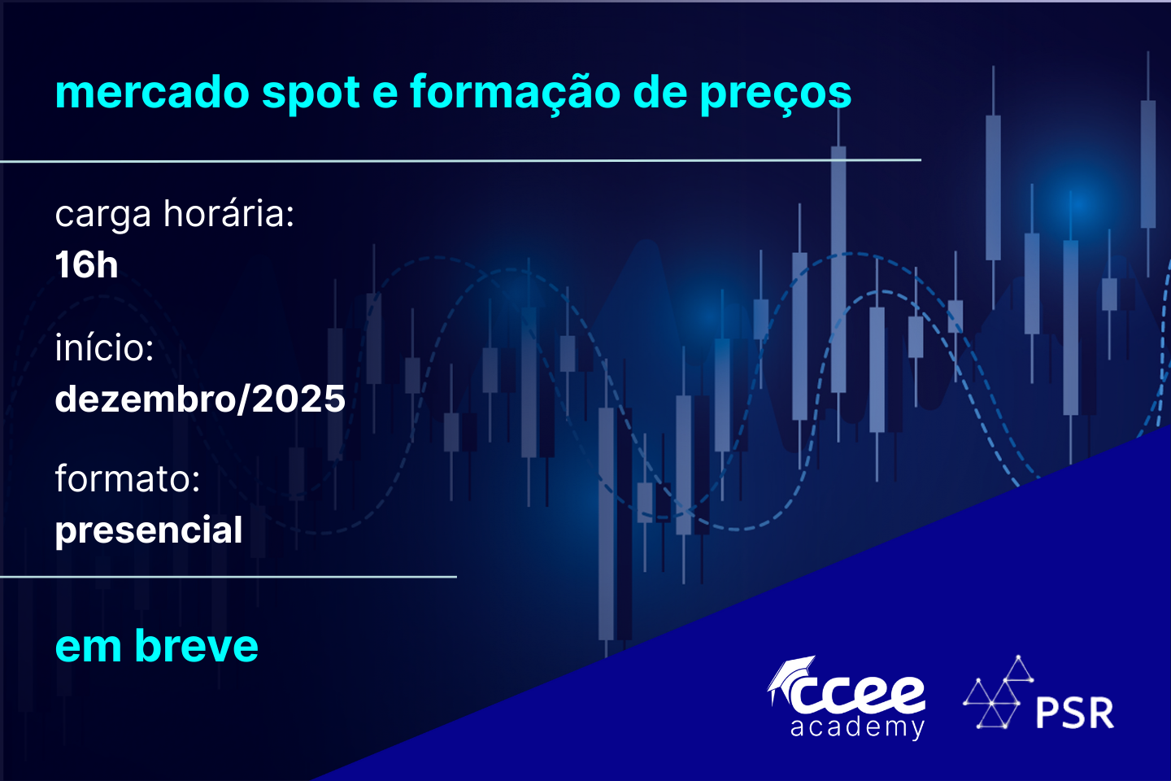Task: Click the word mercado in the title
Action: (x=152, y=92)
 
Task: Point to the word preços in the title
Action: (x=776, y=94)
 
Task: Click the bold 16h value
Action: (x=86, y=264)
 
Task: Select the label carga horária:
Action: (x=175, y=214)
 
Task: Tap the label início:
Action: (x=105, y=347)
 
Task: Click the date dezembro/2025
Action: (x=200, y=399)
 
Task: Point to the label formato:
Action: (x=128, y=478)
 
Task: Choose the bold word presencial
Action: (x=149, y=530)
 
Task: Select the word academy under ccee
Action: (x=857, y=727)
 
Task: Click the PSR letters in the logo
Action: (x=1075, y=713)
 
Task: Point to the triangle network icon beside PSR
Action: (x=999, y=692)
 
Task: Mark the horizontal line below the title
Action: (x=460, y=160)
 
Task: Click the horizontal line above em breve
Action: (x=229, y=577)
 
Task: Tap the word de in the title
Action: (x=660, y=92)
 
